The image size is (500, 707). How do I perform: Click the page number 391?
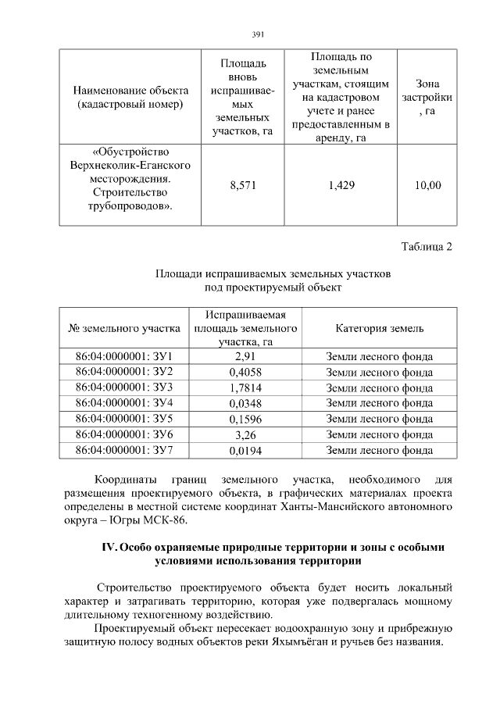click(x=259, y=34)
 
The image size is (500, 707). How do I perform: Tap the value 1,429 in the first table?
click(x=341, y=185)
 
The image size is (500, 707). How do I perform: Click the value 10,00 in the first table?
click(x=427, y=185)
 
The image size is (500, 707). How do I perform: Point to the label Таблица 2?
click(x=427, y=248)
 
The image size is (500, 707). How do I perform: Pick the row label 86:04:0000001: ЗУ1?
click(x=123, y=357)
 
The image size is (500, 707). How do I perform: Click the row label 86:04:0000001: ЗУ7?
click(x=123, y=451)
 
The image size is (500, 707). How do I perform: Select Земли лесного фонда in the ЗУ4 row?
click(x=379, y=404)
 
